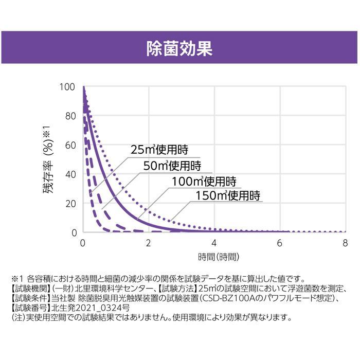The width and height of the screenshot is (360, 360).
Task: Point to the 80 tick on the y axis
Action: coord(70,116)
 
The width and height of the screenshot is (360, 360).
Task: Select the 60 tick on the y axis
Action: coord(70,146)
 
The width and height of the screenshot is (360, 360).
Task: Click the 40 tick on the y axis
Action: coord(70,174)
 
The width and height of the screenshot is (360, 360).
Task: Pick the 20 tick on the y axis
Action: coord(70,204)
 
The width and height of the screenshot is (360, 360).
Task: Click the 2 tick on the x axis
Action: coord(149,242)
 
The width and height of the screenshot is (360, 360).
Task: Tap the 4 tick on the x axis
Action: coord(214,242)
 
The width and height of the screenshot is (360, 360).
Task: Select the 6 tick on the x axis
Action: coord(280,242)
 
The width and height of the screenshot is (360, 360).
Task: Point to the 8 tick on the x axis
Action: coord(345,242)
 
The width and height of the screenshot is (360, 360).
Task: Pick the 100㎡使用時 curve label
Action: coord(204,181)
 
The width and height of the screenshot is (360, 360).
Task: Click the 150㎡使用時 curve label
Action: coord(228,195)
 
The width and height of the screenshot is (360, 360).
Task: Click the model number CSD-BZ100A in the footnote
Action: coord(226,298)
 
